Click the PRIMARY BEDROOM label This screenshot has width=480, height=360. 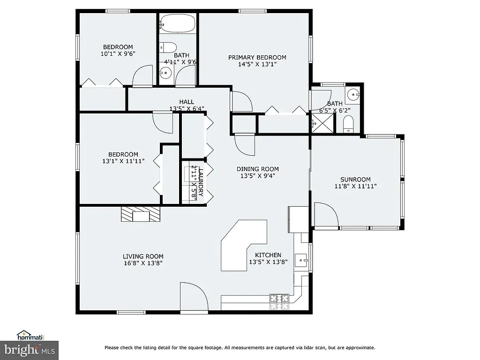pos(257,58)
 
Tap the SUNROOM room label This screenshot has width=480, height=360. pos(355,180)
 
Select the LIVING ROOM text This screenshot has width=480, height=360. pos(143,256)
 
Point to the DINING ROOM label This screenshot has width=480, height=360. pos(257,169)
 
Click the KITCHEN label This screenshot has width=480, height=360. pos(265,255)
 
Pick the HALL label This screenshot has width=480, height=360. pos(187,102)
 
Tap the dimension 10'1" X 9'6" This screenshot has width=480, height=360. pos(118,54)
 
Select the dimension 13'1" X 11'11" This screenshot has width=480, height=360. pos(123,161)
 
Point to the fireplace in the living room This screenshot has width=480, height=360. pos(141,215)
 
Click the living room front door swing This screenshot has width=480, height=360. pos(193,296)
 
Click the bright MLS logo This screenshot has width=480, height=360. pos(29,349)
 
